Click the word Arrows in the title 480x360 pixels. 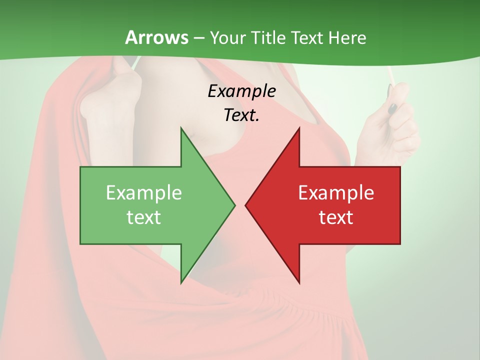coord(156,37)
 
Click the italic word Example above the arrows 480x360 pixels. coord(241,91)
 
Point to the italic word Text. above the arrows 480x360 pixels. coord(241,115)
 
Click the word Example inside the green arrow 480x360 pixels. coord(144,192)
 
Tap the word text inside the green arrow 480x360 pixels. coord(144,217)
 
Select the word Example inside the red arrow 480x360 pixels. coord(336,192)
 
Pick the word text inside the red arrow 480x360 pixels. coord(336,217)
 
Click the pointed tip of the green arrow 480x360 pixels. coord(234,205)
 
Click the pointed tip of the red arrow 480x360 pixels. coord(246,205)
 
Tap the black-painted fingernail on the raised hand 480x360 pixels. coord(393,107)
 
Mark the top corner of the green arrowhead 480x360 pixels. coord(181,128)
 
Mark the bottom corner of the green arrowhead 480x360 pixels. coord(181,282)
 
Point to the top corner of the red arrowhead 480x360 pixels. coord(299,128)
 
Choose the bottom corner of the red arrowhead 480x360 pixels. coord(299,282)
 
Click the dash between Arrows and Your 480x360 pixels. coord(198,38)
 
